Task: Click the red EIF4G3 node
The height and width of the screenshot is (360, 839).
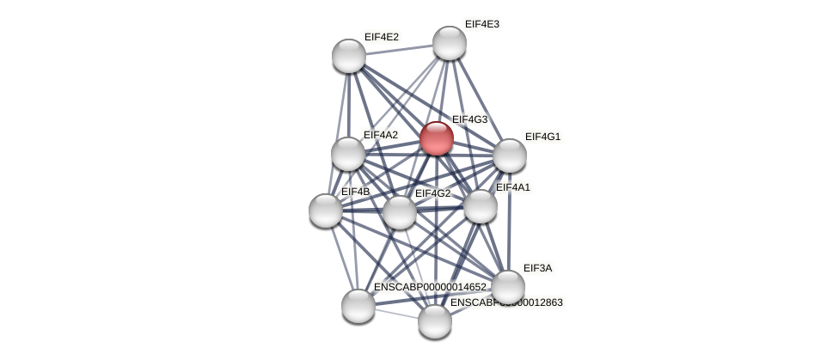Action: click(436, 138)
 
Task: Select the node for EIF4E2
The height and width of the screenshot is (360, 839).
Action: click(349, 56)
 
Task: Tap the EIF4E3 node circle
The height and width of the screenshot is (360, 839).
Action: click(449, 43)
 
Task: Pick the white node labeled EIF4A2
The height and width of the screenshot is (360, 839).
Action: click(348, 154)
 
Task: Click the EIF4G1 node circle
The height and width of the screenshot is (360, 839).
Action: click(509, 156)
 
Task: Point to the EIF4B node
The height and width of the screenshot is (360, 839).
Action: click(326, 211)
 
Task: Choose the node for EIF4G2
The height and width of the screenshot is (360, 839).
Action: click(399, 212)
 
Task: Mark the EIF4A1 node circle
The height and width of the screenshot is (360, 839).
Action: click(480, 206)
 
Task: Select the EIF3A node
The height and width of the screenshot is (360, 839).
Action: click(507, 287)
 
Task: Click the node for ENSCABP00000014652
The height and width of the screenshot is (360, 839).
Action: click(358, 305)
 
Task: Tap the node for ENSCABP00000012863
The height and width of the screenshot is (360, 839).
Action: click(435, 321)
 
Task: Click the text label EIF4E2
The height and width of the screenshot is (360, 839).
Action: click(381, 37)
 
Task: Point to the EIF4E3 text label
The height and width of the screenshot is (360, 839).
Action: click(481, 24)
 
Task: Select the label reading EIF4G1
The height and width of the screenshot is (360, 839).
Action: click(542, 137)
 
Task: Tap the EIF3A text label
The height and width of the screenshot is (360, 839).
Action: click(537, 268)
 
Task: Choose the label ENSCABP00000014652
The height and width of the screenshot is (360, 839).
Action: click(430, 287)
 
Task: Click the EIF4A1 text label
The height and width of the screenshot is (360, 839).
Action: click(513, 187)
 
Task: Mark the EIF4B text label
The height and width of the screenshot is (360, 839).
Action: click(355, 192)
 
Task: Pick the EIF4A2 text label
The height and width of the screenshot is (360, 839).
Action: click(380, 135)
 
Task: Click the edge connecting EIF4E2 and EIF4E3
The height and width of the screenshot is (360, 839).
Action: click(399, 50)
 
